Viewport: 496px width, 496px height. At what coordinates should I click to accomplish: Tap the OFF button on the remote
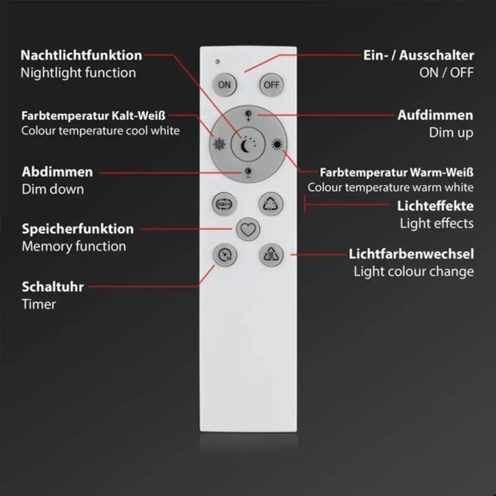click(x=271, y=85)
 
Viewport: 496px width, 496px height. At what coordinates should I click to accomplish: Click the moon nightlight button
click(x=248, y=144)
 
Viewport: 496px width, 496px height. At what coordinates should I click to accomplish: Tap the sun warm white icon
click(x=277, y=144)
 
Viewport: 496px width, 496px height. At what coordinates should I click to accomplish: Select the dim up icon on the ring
click(x=248, y=115)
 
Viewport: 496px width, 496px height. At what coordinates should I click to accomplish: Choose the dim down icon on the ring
click(x=248, y=172)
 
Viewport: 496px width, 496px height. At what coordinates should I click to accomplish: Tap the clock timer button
click(x=225, y=255)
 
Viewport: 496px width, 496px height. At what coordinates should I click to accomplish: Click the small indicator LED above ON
click(x=217, y=62)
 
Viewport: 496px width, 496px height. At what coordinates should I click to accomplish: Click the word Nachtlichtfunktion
click(x=81, y=55)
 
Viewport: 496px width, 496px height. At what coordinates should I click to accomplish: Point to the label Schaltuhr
click(x=52, y=286)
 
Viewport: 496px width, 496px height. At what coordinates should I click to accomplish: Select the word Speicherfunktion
click(x=78, y=229)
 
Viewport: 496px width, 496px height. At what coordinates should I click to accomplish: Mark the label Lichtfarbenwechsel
click(x=411, y=253)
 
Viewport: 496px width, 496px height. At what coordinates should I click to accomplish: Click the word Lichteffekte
click(x=435, y=205)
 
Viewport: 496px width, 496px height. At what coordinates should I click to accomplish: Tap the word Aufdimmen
click(x=435, y=115)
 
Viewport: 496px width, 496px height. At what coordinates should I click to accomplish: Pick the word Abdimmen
click(x=57, y=172)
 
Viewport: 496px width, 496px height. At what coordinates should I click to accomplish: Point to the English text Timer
click(x=38, y=304)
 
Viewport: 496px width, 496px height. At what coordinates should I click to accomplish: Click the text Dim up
click(x=451, y=133)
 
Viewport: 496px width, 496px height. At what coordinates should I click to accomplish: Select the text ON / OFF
click(x=446, y=73)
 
